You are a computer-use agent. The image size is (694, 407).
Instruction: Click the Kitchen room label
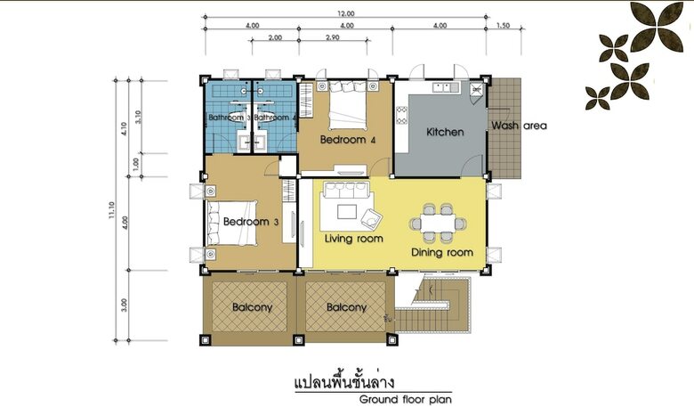click(x=445, y=132)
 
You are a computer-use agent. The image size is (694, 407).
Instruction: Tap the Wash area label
click(x=519, y=126)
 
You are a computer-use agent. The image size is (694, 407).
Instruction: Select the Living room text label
click(x=353, y=239)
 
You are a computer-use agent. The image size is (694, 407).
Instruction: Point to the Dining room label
click(x=441, y=252)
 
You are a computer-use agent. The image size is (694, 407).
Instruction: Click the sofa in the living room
click(x=345, y=191)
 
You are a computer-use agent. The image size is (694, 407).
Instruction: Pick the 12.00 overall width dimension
click(x=345, y=14)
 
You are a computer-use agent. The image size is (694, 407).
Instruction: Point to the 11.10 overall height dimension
click(x=112, y=210)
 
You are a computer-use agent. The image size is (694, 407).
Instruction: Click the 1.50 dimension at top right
click(x=503, y=26)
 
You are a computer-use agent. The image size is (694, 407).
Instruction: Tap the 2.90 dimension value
click(x=333, y=38)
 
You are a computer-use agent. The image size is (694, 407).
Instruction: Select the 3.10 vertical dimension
click(x=138, y=116)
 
